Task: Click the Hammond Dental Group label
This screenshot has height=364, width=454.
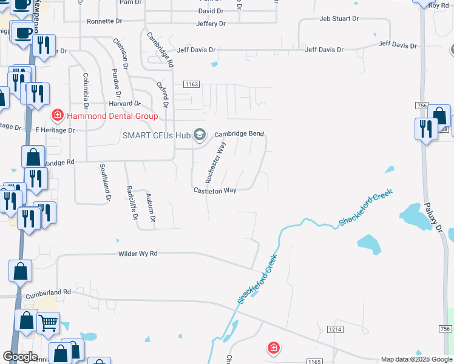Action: (x=112, y=116)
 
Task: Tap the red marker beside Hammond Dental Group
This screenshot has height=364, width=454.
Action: (x=57, y=114)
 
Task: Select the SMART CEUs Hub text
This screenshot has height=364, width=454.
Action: (x=157, y=135)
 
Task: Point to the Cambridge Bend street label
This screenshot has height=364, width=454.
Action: (x=239, y=133)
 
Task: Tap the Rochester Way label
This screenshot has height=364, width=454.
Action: (x=215, y=162)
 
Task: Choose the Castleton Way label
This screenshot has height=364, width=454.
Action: (x=215, y=190)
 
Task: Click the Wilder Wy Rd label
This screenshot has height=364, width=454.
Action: (x=137, y=253)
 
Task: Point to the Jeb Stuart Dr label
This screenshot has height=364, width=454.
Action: (x=339, y=18)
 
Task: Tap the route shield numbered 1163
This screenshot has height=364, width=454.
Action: (x=192, y=84)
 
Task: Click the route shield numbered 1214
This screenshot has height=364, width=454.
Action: (x=334, y=329)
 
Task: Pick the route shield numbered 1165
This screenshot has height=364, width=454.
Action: (x=314, y=362)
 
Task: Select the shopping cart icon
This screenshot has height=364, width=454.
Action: (x=49, y=322)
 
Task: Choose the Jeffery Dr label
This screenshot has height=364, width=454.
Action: (x=211, y=24)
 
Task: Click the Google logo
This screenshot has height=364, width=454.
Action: (x=21, y=357)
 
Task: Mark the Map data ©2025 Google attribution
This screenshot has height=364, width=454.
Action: (x=416, y=359)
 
